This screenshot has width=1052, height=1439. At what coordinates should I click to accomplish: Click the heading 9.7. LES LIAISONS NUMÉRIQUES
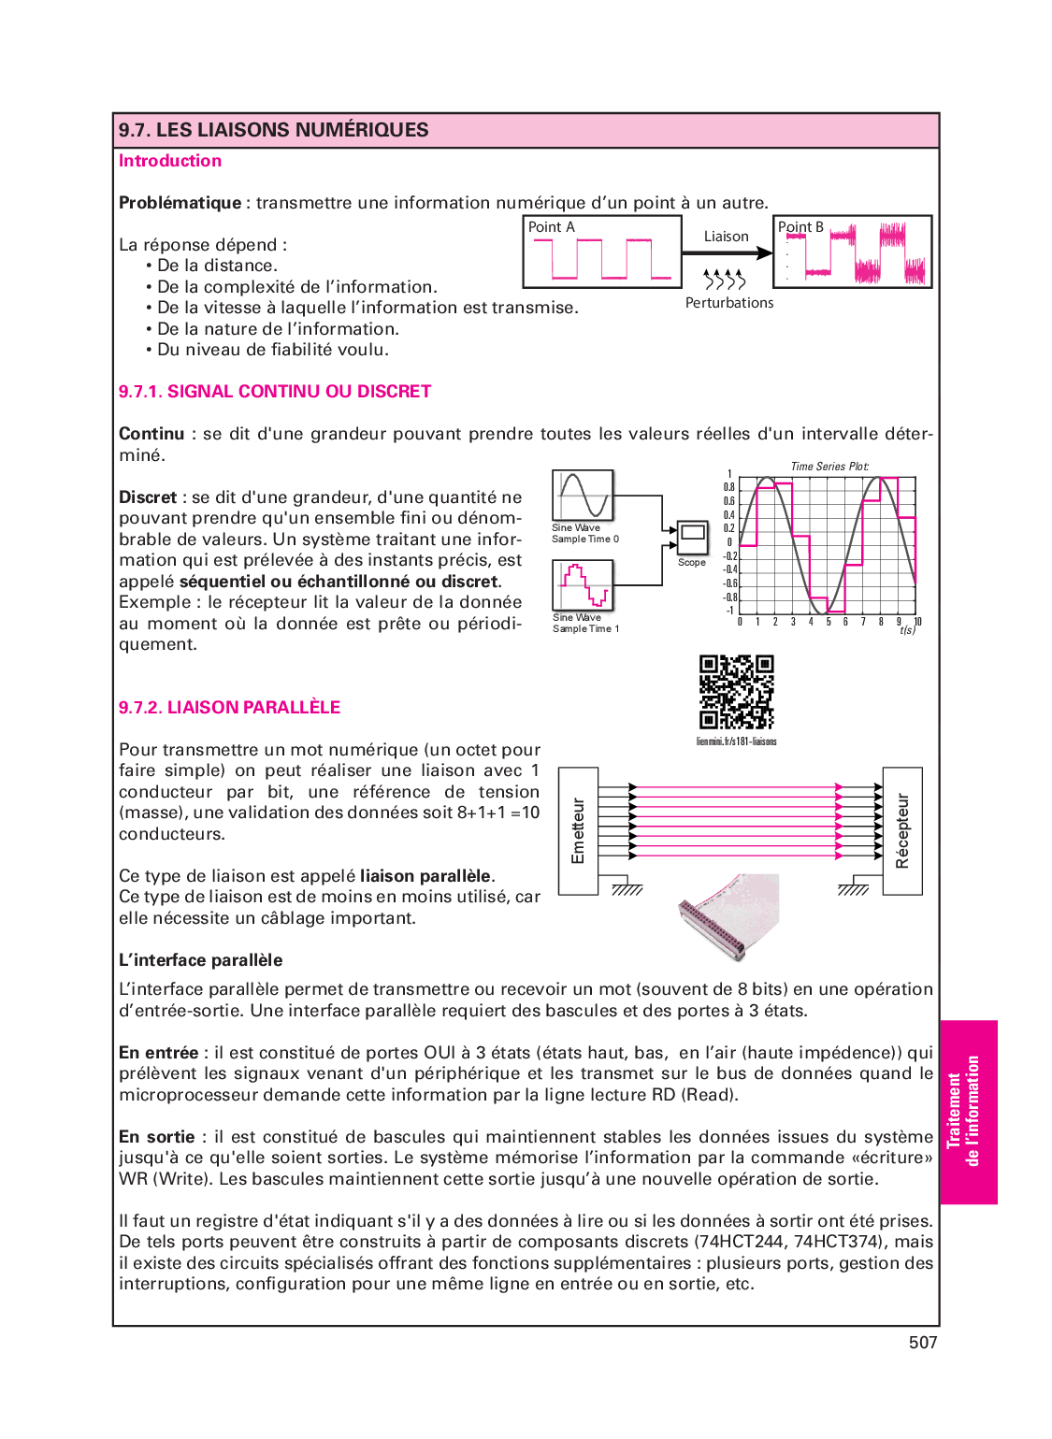[x=273, y=130]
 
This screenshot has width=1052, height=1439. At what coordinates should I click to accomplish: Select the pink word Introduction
[x=170, y=161]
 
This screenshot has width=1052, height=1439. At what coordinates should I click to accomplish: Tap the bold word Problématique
[x=180, y=203]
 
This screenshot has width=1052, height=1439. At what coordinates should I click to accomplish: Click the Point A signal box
[x=602, y=252]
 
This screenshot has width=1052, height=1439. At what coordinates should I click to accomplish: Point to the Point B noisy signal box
[x=852, y=252]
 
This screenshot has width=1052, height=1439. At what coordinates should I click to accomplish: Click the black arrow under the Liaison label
[x=727, y=252]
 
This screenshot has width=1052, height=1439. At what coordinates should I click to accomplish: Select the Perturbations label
[x=729, y=303]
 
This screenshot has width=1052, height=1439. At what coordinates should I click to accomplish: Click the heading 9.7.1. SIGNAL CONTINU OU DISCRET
[x=275, y=392]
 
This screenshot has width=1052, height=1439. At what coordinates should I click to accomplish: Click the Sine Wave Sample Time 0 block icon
[x=583, y=496]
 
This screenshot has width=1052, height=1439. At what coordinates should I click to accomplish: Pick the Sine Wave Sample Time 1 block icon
[x=583, y=585]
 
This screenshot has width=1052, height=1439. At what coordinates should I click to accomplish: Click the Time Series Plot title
[x=829, y=467]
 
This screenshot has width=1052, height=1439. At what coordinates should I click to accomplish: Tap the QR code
[x=737, y=692]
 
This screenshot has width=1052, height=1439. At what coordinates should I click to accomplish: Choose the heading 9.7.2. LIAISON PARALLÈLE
[x=229, y=708]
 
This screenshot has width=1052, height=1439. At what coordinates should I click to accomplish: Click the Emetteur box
[x=578, y=830]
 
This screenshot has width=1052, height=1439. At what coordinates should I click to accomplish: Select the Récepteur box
[x=902, y=830]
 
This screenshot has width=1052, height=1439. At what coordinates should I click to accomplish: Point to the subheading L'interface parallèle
[x=200, y=960]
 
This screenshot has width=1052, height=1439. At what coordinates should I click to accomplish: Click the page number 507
[x=923, y=1343]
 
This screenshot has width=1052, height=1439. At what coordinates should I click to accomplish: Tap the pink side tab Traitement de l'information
[x=968, y=1112]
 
